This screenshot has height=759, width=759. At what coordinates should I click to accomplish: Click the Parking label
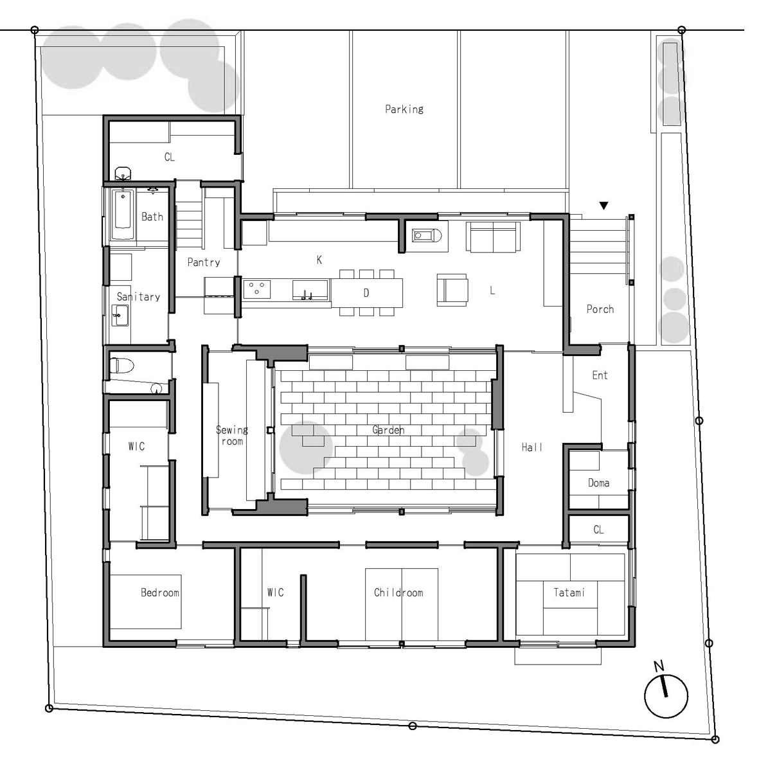pos(404,109)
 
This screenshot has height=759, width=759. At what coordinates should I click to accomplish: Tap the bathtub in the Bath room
pos(123,215)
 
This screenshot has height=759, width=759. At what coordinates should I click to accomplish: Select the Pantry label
pos(204,262)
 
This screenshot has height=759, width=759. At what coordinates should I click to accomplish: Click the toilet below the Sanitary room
pos(121,365)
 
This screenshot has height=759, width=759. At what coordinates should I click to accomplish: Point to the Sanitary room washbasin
pos(120,316)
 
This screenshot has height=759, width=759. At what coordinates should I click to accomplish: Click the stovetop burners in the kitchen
pos(256,289)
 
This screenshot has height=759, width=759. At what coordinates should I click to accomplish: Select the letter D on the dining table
pos(366,293)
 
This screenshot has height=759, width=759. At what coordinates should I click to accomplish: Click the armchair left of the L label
pos(452,290)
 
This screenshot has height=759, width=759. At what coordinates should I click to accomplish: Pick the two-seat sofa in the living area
pos(493,237)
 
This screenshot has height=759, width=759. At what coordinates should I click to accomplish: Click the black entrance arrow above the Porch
pos(603,206)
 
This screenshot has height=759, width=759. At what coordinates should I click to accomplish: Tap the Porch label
pos(600,309)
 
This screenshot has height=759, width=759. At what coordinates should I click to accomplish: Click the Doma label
pos(599,483)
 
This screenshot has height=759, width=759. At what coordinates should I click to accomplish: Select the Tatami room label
pos(569,593)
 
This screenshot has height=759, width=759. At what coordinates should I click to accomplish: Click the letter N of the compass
pos(659,666)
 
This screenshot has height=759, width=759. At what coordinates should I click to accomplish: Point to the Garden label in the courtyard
pos(388,430)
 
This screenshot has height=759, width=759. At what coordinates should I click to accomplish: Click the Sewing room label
pos(232,435)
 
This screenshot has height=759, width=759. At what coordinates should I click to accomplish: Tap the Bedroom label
pos(160,593)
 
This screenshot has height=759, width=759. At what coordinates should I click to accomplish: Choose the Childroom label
pos(398,593)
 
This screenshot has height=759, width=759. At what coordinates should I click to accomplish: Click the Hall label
pos(532,447)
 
